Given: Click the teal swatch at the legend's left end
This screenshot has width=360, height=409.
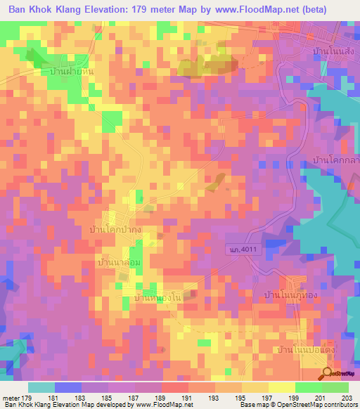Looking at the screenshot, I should coord(41,387).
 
